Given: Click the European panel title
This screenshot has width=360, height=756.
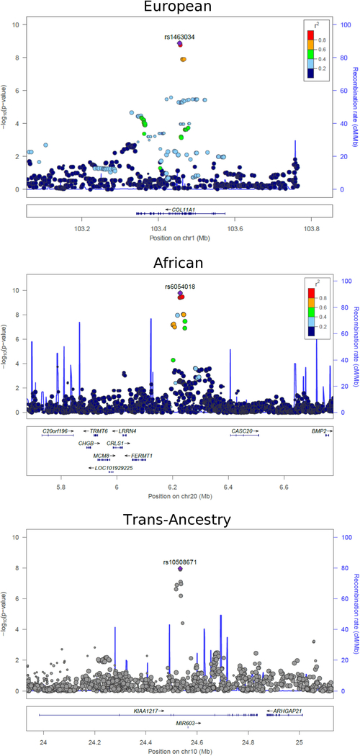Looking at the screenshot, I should (x=179, y=8).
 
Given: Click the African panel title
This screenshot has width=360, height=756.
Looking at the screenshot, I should (x=179, y=264).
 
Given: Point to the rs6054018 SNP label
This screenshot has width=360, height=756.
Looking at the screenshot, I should (x=180, y=286).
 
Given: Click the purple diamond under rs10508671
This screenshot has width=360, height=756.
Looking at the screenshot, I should (x=180, y=569).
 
